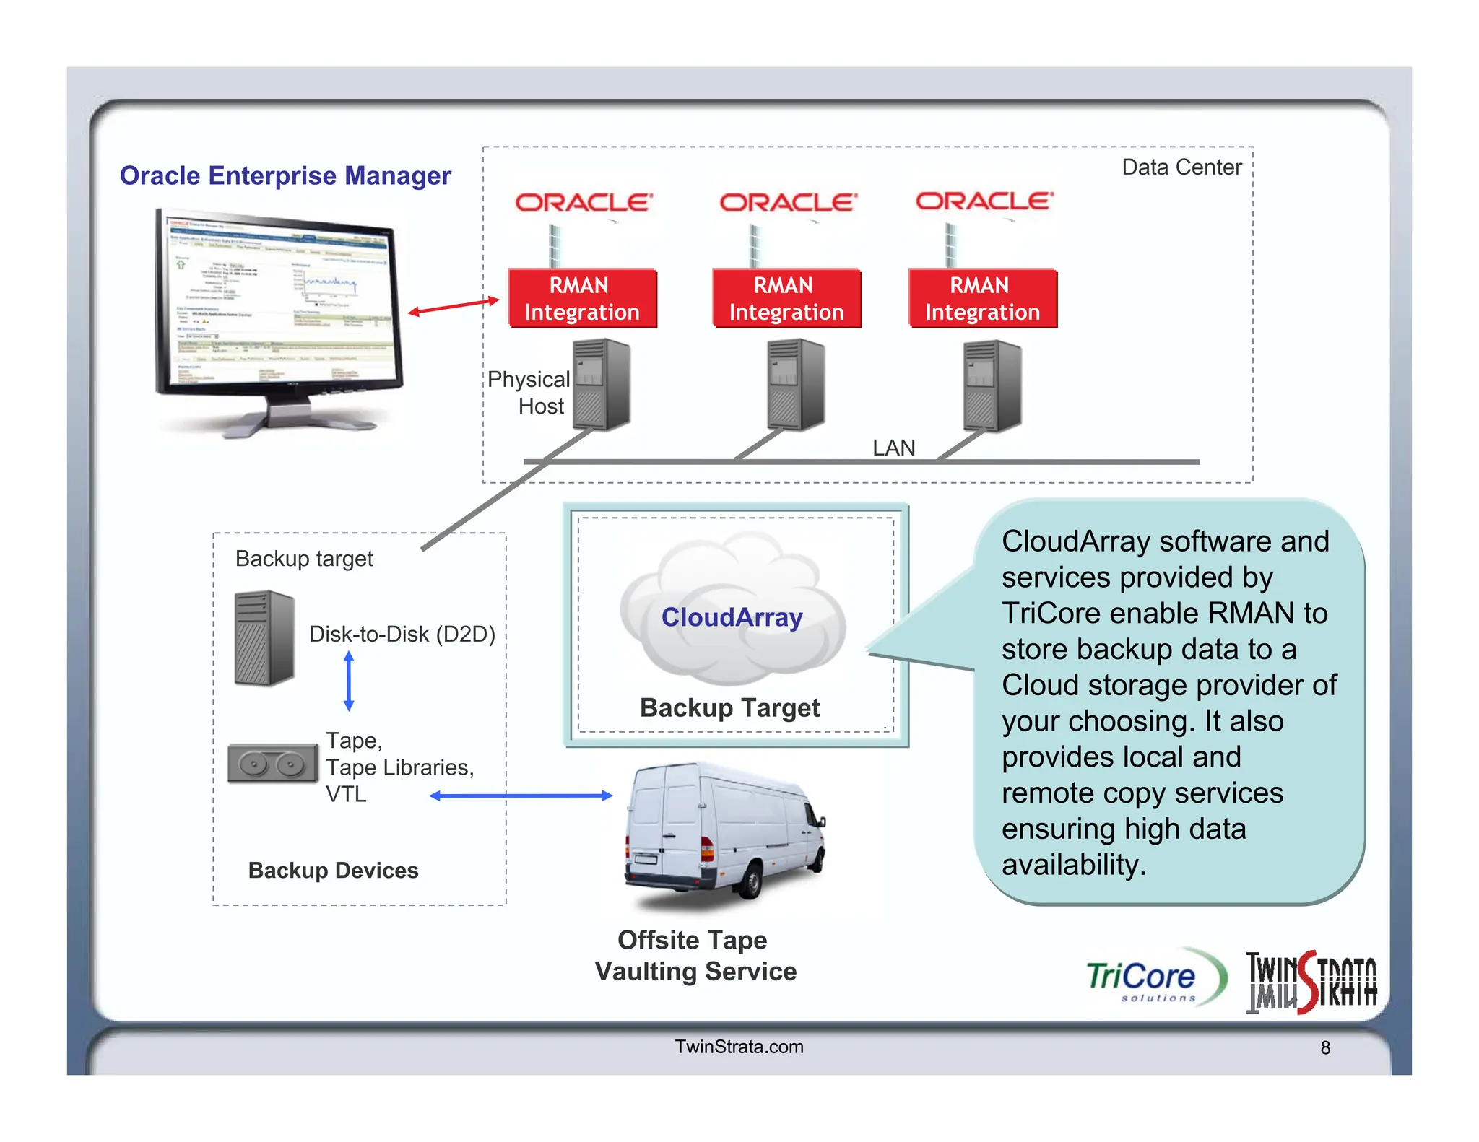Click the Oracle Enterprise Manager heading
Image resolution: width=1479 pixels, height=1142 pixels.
pos(285,175)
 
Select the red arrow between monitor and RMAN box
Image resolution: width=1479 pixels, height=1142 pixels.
pos(454,306)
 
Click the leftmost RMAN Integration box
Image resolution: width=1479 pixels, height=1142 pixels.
pos(582,299)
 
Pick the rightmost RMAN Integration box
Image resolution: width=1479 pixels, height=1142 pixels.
pos(982,299)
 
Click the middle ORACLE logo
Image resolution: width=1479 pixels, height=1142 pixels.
pos(788,202)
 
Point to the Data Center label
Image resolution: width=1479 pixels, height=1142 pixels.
pos(1181,167)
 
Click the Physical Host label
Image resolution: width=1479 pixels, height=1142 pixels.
pos(529,392)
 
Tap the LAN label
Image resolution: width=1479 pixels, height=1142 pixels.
pos(893,448)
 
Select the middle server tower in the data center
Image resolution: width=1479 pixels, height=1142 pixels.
pos(795,385)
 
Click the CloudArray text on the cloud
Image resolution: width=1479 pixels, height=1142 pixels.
pos(732,617)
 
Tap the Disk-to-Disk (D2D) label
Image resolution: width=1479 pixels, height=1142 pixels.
pos(402,634)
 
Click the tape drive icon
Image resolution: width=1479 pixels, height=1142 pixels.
pos(272,764)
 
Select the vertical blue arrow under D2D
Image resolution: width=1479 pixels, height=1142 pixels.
pos(349,681)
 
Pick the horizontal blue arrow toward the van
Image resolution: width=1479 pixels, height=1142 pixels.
pos(521,796)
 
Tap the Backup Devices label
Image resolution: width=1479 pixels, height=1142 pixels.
pos(333,870)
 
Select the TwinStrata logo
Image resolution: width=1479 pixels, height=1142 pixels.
pos(1311,982)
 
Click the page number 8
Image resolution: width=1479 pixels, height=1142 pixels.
pos(1325,1047)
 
